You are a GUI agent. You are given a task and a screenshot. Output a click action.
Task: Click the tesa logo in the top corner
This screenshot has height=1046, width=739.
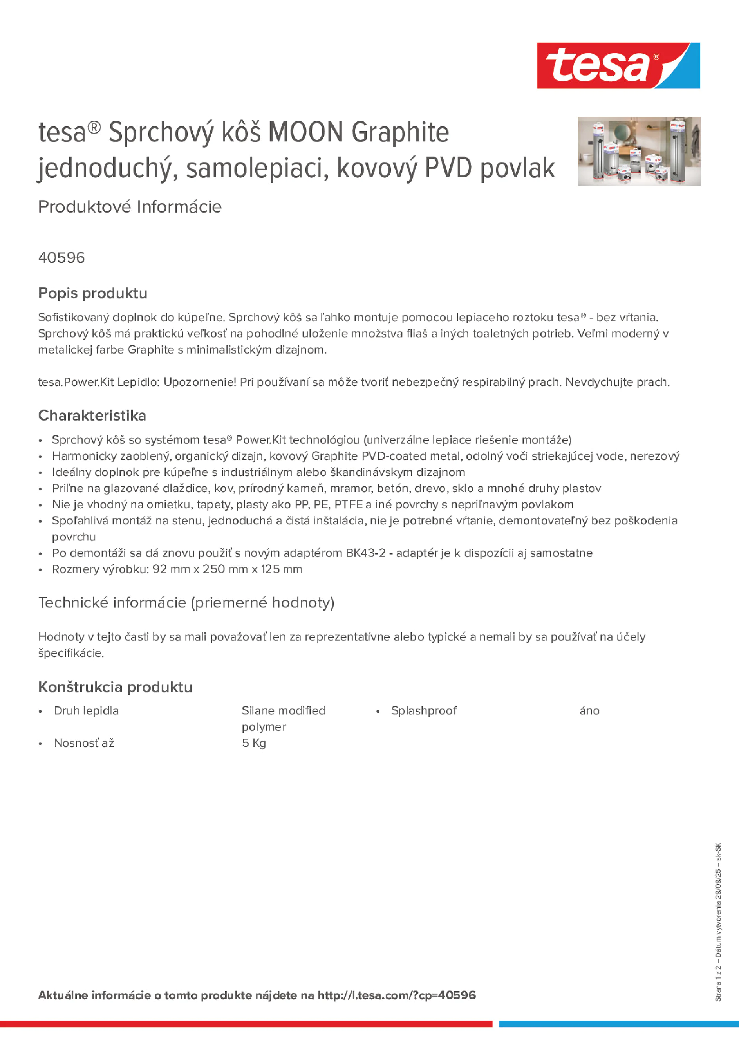[618, 66]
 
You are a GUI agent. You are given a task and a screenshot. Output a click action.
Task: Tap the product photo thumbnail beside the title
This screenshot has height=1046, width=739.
[639, 151]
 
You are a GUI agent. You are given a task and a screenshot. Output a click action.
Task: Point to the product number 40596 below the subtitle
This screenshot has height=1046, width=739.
[61, 258]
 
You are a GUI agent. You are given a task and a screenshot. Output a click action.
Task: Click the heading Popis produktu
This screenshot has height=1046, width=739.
[92, 293]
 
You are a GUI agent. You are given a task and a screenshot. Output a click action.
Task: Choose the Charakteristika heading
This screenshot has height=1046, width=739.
[92, 416]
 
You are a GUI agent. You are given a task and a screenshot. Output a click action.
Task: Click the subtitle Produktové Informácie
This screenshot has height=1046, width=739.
[130, 207]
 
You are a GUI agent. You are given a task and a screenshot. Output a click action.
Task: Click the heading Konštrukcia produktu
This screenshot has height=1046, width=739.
[115, 687]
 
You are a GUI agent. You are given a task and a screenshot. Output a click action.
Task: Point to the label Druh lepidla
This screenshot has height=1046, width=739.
[86, 711]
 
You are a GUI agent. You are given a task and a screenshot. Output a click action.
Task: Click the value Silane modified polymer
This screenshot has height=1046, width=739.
[284, 719]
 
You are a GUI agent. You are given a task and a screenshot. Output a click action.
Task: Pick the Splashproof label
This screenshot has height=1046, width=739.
[424, 711]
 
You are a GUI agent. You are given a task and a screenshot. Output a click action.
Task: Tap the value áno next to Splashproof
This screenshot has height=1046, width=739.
[589, 711]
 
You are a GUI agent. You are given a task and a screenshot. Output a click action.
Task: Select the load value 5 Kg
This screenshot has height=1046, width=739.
[254, 743]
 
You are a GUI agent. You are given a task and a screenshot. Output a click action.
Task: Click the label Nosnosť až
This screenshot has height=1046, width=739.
[84, 743]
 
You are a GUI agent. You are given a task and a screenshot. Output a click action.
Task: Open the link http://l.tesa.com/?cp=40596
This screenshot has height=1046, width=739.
[396, 995]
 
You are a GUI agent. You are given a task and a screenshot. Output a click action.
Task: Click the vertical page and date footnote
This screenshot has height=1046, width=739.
[718, 923]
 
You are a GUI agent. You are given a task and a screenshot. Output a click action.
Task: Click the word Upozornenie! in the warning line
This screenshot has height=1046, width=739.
[200, 382]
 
